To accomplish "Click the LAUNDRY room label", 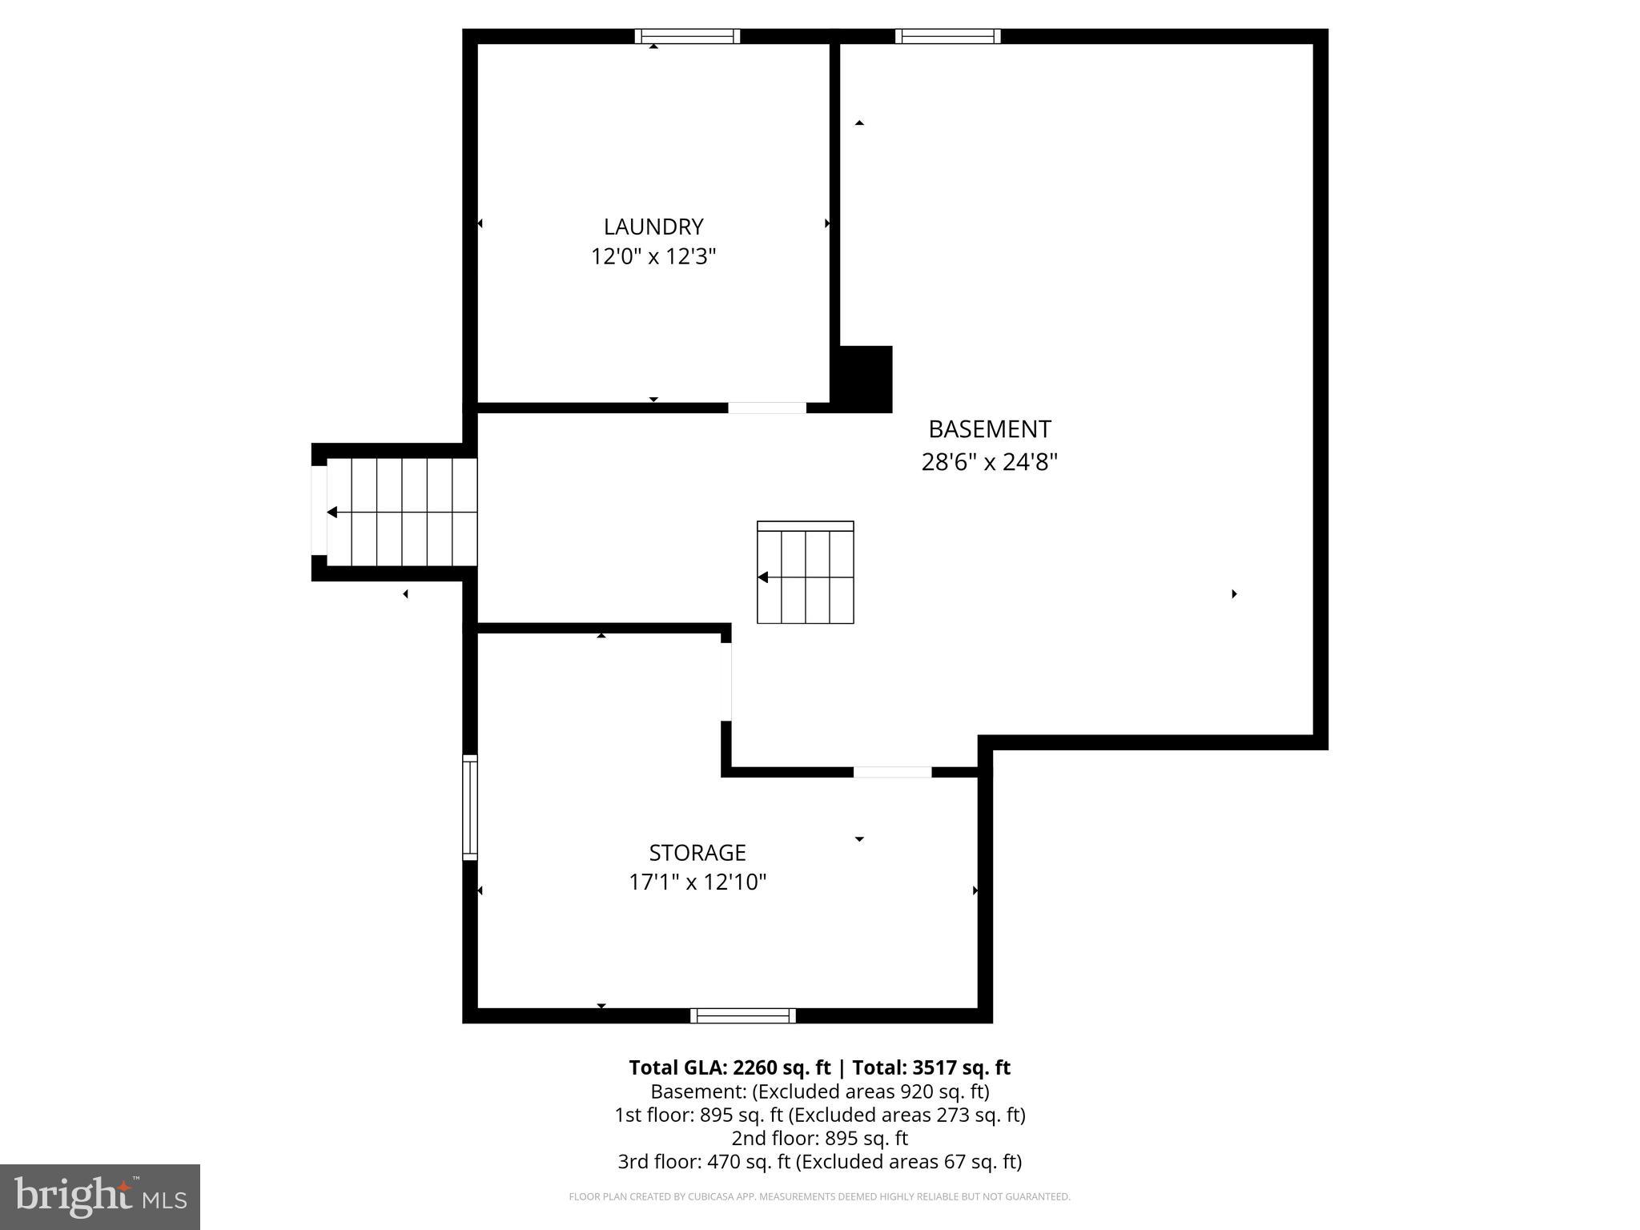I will pos(653,227).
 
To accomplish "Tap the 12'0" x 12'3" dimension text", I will pos(653,257).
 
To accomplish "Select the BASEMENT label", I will pos(989,429).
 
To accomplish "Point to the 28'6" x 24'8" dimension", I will pos(989,462).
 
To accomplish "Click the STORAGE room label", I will pos(697,852).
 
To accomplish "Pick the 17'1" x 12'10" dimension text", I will pos(697,882).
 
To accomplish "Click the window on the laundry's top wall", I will pos(687,36).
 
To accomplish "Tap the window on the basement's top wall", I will pos(947,36).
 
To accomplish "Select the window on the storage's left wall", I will pos(470,807).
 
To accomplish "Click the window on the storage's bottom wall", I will pos(743,1015).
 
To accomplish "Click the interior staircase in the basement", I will pos(806,573).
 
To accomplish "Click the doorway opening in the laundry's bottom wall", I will pos(766,408).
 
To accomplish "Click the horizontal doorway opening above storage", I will pos(892,772).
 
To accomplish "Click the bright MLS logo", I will pos(100,1196).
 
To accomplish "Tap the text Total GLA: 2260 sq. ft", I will pos(730,1067).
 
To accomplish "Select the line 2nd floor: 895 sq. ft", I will pos(819,1138).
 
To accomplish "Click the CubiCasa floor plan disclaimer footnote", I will pos(819,1196).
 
